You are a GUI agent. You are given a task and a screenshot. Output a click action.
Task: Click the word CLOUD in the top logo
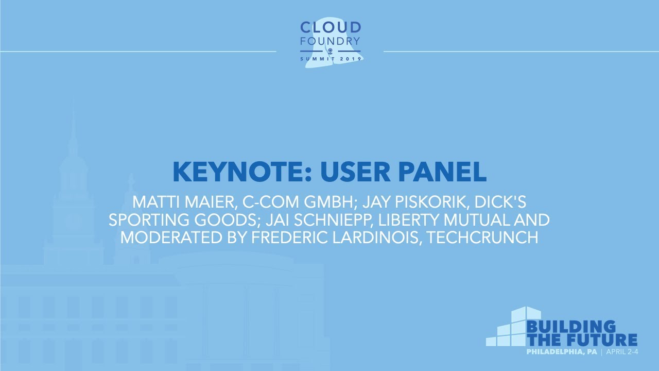pos(330,27)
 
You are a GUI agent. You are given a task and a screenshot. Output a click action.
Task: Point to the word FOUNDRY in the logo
pos(330,40)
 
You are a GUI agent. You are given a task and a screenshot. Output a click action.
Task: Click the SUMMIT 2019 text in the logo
pos(330,59)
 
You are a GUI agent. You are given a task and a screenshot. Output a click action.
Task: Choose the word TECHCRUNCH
pos(484,238)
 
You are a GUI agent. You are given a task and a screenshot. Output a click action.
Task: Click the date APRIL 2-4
pos(621,352)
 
